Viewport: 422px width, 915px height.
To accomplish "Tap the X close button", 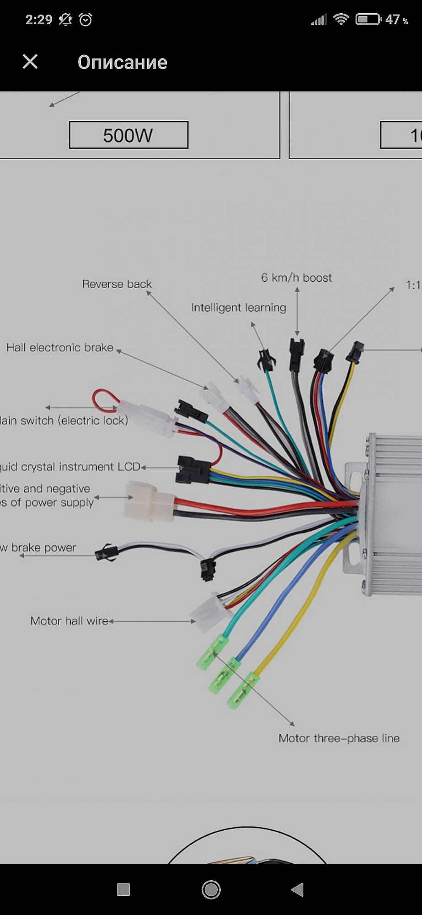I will [x=30, y=61].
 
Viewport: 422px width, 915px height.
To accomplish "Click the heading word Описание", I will [x=122, y=62].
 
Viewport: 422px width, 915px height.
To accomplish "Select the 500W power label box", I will [x=128, y=135].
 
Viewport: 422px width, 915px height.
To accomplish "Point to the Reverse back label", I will [x=117, y=284].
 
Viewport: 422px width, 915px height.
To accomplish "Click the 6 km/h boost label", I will [x=296, y=278].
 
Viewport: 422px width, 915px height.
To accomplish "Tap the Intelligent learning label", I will [x=239, y=307].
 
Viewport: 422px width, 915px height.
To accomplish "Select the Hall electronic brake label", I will [x=59, y=348].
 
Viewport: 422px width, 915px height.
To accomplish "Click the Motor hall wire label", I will [x=69, y=621].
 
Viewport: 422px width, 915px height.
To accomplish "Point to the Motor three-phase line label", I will [x=339, y=738].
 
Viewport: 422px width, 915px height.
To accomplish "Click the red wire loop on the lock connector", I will [x=104, y=399].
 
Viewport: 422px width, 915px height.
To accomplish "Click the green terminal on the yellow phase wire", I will [x=240, y=690].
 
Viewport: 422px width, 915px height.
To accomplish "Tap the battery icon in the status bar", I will [x=368, y=19].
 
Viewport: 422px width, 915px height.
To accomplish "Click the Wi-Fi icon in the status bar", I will [x=341, y=19].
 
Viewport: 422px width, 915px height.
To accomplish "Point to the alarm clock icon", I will [x=85, y=19].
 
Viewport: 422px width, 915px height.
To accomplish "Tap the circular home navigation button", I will [x=211, y=889].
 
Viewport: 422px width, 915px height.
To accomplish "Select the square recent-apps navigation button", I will [x=123, y=889].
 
